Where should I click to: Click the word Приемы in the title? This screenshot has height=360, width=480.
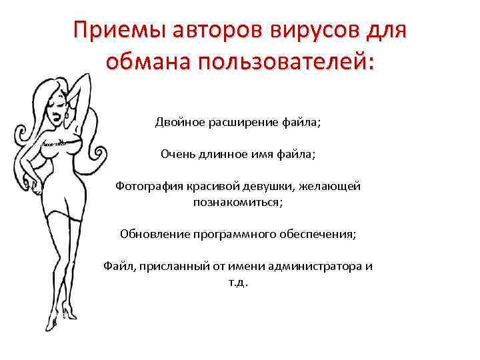pyautogui.click(x=115, y=31)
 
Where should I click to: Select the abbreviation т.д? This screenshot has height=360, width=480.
pyautogui.click(x=238, y=282)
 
